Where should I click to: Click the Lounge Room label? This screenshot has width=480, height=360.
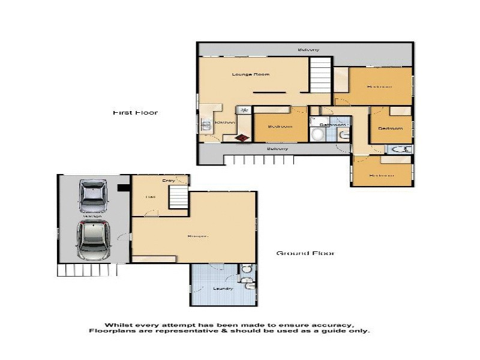coord(251,74)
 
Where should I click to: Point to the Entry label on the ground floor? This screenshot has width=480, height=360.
coord(168,180)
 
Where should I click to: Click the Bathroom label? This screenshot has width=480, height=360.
coord(331,125)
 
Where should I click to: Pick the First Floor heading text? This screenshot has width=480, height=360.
coord(135,112)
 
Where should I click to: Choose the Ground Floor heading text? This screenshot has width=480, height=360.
coord(305,253)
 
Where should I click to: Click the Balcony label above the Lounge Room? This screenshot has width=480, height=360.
coord(308,49)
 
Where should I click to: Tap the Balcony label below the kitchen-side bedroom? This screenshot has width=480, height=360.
coord(277,148)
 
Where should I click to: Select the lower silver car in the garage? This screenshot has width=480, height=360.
coord(93,239)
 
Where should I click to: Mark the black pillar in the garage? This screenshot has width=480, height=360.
coord(124,188)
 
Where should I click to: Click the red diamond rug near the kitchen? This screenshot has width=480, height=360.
coord(242,138)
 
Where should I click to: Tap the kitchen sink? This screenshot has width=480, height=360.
coord(203,125)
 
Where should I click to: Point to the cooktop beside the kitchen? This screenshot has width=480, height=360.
coord(244,110)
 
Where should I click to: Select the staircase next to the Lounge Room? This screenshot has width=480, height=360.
coord(320,76)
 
